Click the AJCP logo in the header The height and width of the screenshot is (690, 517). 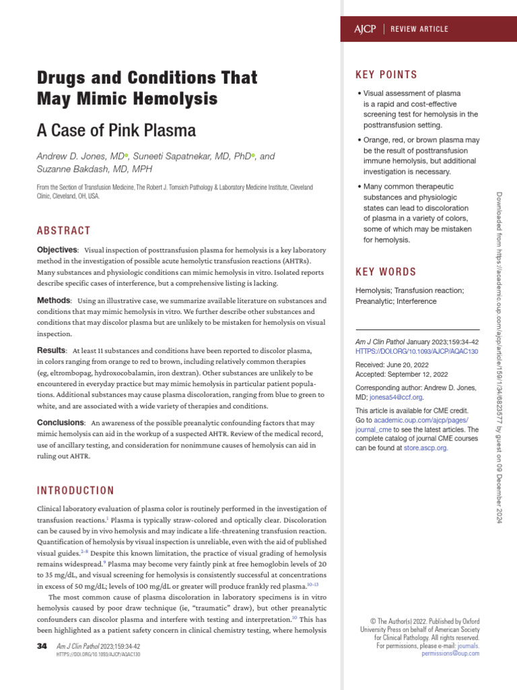(x=364, y=29)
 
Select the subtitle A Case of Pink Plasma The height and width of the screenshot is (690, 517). (x=116, y=129)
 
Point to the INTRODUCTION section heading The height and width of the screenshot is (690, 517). (x=75, y=490)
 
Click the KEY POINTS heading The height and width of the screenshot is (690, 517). (x=386, y=75)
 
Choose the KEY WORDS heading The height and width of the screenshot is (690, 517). (x=386, y=272)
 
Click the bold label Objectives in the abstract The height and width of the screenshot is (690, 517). (x=57, y=249)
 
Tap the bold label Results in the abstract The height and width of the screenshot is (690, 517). (x=52, y=350)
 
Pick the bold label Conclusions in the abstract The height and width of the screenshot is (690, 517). (x=60, y=422)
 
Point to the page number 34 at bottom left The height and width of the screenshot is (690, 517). (x=42, y=646)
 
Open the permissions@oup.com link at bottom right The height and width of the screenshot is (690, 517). (x=450, y=653)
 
